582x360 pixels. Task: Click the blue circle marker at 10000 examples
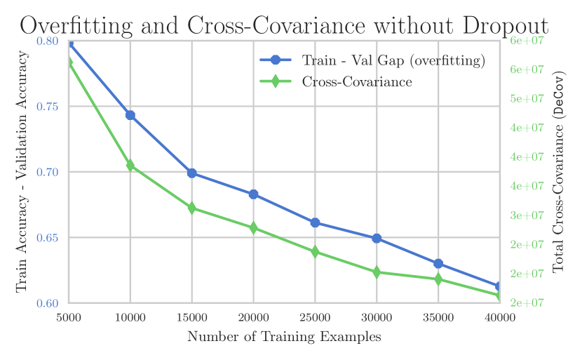point(130,115)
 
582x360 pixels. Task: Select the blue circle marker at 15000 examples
point(192,173)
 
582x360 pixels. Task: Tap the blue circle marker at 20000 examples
point(253,194)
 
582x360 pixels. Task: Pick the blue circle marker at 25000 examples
point(315,222)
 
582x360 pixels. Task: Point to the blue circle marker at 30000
point(377,239)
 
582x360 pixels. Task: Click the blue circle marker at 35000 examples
point(438,264)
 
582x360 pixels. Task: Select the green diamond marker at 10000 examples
point(130,166)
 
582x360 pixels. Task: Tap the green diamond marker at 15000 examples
point(192,208)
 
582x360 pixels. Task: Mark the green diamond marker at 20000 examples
point(253,228)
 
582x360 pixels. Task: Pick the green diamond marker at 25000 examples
point(315,252)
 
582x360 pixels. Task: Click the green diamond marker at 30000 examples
point(377,272)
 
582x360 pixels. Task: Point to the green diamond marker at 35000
point(438,279)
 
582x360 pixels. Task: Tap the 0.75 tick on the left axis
point(48,107)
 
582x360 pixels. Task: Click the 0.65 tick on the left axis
point(48,238)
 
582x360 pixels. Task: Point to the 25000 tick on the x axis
point(315,318)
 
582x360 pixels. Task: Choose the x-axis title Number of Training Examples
point(284,338)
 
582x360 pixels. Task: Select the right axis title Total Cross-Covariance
point(559,172)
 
